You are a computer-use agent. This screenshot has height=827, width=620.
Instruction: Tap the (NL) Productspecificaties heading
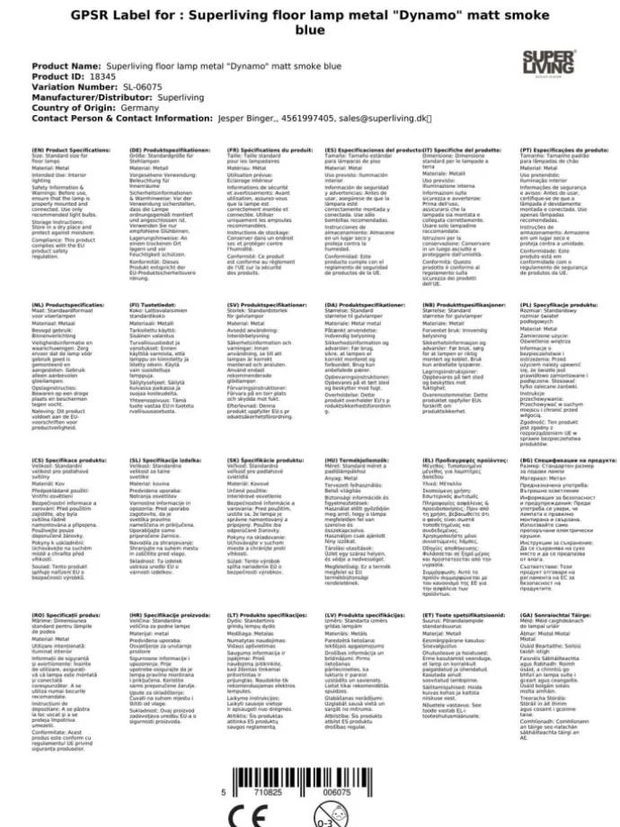tap(67, 305)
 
